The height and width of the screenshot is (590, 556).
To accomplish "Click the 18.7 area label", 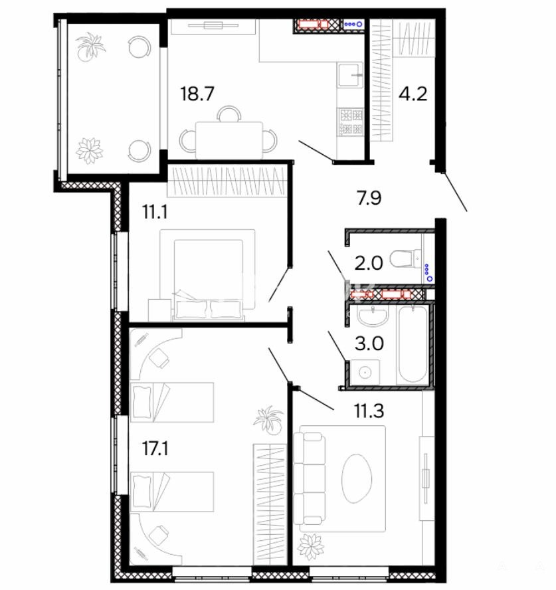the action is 197,94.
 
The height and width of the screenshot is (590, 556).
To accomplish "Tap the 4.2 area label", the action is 413,94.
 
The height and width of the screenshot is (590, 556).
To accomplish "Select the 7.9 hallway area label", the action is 369,198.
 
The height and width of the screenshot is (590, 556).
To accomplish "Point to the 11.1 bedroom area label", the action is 155,211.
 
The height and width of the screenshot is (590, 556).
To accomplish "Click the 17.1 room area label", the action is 155,448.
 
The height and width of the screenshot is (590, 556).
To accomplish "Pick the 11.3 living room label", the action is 369,411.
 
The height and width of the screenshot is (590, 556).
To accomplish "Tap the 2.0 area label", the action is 369,263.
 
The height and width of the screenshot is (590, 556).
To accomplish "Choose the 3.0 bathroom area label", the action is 369,344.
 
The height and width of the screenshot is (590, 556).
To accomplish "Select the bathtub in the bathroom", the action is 413,344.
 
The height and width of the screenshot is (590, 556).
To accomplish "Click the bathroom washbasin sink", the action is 373,316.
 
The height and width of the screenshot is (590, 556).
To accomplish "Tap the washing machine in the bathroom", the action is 365,373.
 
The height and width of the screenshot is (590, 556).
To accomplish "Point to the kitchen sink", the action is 351,74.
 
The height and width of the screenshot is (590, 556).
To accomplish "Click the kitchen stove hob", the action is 351,122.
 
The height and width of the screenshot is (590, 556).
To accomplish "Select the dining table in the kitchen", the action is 229,140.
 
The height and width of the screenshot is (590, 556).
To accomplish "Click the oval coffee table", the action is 357,478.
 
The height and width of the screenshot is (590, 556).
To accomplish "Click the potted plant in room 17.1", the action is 268,420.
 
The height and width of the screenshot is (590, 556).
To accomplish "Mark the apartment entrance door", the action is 454,191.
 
